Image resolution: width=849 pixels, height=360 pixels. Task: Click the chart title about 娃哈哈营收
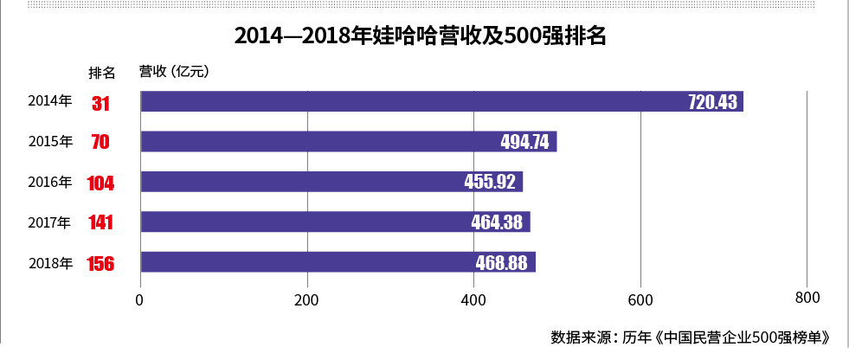[424, 36]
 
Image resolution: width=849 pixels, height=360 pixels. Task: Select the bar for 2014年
[441, 101]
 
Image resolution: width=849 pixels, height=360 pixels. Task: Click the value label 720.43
[712, 102]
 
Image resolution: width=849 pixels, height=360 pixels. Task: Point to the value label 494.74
[524, 143]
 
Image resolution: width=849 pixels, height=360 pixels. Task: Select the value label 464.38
[497, 222]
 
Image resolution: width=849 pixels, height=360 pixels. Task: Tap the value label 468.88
[501, 262]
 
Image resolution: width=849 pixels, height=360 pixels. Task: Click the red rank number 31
[100, 103]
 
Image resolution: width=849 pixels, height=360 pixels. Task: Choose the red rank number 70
[100, 143]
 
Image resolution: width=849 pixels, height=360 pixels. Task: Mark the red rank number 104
[100, 183]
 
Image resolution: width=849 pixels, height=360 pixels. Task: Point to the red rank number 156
[100, 263]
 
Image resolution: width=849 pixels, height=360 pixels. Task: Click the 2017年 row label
[49, 222]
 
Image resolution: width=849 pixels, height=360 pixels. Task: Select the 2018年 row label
[49, 262]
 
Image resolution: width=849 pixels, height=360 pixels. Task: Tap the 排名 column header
[102, 71]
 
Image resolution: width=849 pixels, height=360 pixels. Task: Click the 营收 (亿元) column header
[174, 71]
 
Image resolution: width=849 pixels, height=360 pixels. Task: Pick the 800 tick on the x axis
[807, 299]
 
